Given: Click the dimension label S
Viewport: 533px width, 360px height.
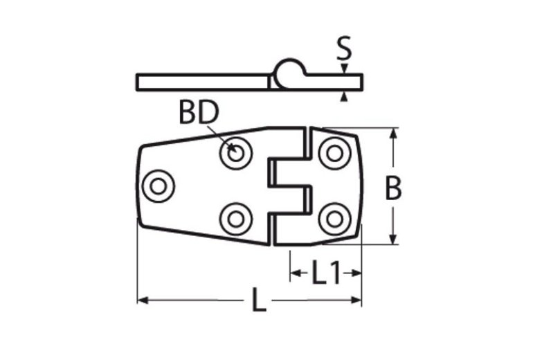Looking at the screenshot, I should click(x=343, y=49).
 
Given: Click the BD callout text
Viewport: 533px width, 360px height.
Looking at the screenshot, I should click(x=199, y=112).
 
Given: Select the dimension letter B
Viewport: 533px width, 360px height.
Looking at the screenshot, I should click(x=393, y=188).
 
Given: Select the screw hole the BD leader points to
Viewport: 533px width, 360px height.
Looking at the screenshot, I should click(x=236, y=154).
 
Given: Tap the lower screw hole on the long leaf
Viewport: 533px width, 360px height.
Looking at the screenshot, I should click(x=236, y=217).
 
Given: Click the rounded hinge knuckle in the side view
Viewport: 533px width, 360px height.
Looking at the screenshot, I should click(x=289, y=72).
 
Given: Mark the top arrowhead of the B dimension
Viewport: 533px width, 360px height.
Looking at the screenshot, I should click(x=393, y=134).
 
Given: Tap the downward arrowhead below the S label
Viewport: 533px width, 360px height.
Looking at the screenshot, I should click(x=343, y=69).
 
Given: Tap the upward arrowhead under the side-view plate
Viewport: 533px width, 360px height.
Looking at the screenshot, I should click(x=343, y=97).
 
